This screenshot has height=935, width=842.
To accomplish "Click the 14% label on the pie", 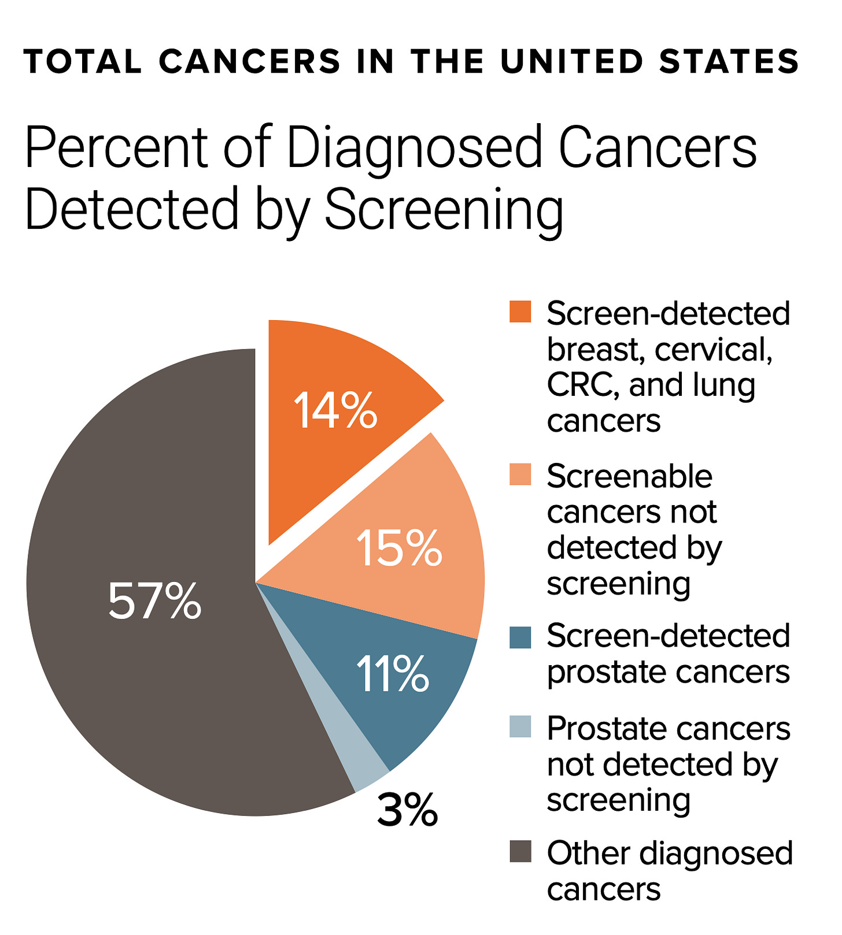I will (x=335, y=411).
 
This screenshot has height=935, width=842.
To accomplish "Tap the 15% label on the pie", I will (x=399, y=548).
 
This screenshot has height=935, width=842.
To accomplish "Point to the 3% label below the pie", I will (x=407, y=810).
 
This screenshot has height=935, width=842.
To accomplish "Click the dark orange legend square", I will (x=520, y=312).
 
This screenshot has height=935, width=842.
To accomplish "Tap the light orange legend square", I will (x=520, y=475).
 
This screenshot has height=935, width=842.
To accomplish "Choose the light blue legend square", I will (x=520, y=727).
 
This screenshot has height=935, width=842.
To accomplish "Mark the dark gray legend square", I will (x=520, y=852).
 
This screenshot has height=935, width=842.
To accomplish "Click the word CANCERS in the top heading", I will (x=250, y=62).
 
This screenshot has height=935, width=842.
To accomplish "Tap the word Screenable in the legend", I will (x=630, y=476).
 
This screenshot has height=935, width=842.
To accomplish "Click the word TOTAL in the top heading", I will (x=83, y=62).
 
